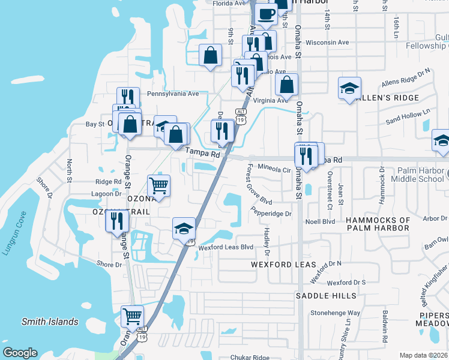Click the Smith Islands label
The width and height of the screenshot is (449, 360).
point(50,322)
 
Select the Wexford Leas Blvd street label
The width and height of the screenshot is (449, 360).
point(226,247)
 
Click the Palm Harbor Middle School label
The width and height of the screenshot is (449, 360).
point(417,175)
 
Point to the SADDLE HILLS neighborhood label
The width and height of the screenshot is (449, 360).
point(326,296)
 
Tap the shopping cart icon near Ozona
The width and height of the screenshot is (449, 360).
point(158,186)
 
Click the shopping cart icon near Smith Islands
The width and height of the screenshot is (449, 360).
point(132,316)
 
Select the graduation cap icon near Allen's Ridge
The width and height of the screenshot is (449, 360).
point(349,89)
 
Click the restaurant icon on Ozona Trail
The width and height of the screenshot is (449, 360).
point(117,220)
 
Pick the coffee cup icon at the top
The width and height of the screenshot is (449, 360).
point(266,13)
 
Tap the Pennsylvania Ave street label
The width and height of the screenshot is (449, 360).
point(173,94)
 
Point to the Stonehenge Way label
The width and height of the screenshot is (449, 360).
point(335,313)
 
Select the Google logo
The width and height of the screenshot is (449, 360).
point(20,353)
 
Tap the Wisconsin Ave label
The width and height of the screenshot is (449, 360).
point(327,43)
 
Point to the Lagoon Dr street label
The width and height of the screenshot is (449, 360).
point(106,194)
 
